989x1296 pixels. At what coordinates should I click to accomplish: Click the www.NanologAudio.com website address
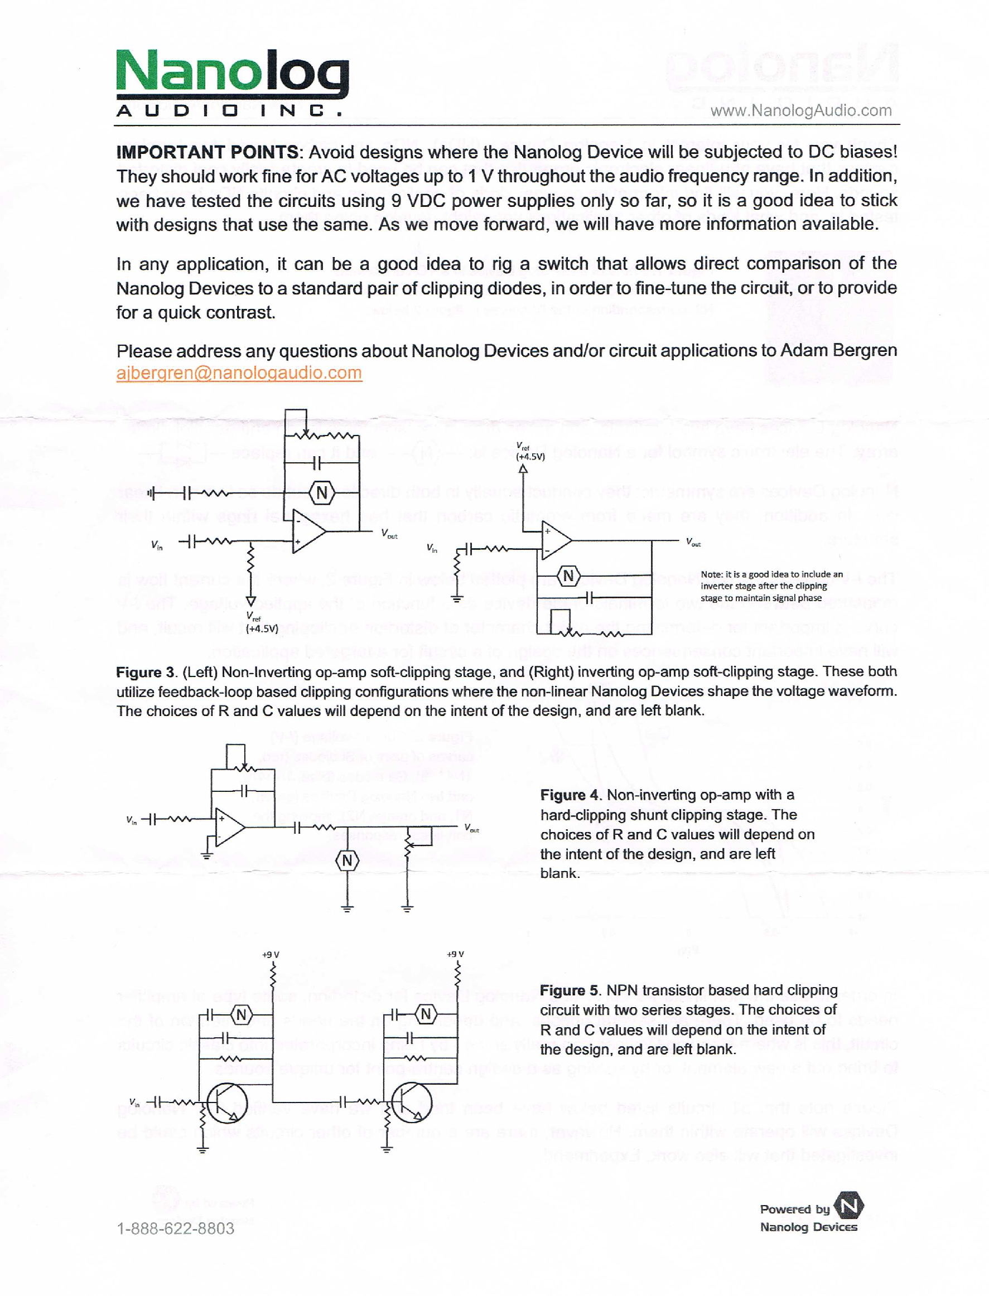coord(800,110)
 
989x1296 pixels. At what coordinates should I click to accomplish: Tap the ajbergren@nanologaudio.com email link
coord(239,373)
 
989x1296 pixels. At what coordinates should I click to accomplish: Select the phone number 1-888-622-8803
coord(175,1229)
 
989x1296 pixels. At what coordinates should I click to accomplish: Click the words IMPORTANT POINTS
coord(207,152)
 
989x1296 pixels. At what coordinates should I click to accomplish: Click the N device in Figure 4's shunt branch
coord(348,860)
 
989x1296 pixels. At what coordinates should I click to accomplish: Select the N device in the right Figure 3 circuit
coord(568,576)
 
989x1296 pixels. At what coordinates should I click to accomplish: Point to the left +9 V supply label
coord(271,954)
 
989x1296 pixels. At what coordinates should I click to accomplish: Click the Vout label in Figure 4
coord(471,828)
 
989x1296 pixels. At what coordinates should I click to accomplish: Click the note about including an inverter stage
coord(771,586)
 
